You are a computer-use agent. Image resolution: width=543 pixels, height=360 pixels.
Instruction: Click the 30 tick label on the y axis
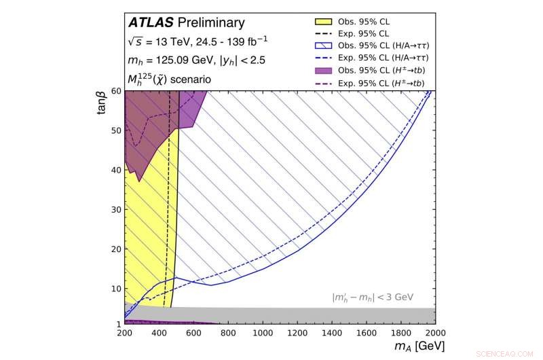tap(115, 209)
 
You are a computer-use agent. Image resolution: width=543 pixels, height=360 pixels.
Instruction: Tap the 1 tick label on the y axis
tap(118, 325)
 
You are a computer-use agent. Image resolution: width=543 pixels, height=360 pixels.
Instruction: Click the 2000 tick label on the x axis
tap(434, 334)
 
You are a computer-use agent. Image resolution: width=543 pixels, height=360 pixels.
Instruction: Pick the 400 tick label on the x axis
tap(159, 334)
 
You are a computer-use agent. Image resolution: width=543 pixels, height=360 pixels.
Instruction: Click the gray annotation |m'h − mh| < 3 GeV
tap(373, 298)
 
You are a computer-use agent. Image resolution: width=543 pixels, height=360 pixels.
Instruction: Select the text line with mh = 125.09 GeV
tap(196, 60)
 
